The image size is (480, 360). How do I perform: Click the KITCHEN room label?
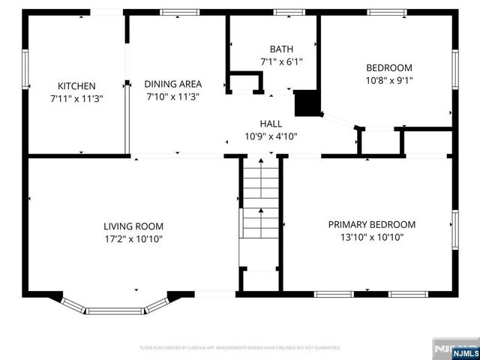76,85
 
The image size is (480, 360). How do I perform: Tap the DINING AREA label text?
173,84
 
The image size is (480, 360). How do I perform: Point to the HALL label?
271,123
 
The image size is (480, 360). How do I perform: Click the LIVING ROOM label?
133,226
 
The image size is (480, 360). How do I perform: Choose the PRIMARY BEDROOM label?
372,224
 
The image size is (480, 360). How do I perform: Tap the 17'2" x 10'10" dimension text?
133,238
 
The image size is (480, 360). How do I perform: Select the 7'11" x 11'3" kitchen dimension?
76,98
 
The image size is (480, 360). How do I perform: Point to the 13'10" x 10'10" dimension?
372,237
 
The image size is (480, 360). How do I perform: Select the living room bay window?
115,307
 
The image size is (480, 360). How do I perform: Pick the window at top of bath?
285,12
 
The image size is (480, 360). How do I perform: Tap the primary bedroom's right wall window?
454,229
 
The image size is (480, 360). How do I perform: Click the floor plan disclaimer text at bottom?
240,348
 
